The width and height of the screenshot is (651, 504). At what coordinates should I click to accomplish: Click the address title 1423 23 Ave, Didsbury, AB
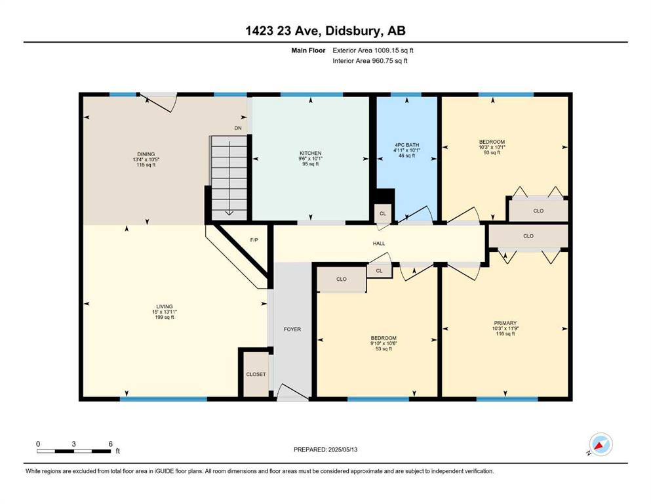click(x=325, y=31)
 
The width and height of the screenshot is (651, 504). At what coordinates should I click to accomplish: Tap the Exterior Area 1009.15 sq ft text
click(x=373, y=51)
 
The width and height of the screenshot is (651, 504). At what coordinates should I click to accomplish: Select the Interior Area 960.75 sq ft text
click(x=370, y=60)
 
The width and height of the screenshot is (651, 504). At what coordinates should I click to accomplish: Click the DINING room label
click(x=146, y=154)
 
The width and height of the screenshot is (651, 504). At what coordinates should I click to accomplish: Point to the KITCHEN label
click(x=311, y=153)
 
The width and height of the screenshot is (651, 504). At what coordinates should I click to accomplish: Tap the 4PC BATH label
click(x=407, y=144)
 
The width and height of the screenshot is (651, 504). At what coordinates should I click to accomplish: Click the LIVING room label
click(x=165, y=306)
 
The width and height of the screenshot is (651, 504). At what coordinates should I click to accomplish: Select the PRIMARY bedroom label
click(x=505, y=323)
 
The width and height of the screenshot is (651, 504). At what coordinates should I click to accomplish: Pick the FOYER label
click(x=292, y=329)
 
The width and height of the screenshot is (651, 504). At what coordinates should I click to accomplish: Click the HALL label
click(x=379, y=243)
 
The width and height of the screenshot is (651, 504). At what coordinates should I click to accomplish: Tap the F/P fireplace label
click(x=254, y=240)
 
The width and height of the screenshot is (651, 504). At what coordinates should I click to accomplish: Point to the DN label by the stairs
click(x=238, y=128)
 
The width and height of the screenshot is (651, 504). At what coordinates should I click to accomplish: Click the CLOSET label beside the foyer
click(x=256, y=374)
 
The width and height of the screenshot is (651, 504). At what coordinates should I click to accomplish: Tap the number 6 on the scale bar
click(x=110, y=444)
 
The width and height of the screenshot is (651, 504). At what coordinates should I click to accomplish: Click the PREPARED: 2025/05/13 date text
click(x=325, y=450)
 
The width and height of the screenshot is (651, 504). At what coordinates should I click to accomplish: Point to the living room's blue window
click(x=163, y=399)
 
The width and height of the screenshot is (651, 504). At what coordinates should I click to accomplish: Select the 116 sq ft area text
click(x=505, y=333)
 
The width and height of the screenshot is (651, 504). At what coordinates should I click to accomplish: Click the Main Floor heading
click(x=308, y=51)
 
